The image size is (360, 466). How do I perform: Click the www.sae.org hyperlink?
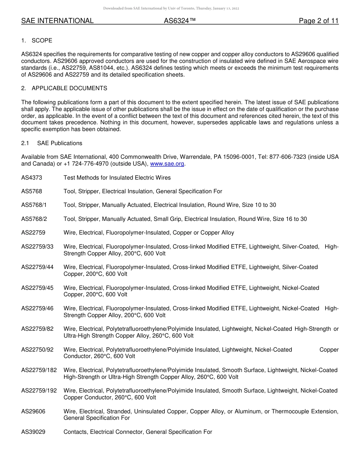click(x=167, y=164)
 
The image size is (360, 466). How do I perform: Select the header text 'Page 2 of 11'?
click(x=318, y=21)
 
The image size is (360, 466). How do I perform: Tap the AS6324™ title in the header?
click(x=180, y=21)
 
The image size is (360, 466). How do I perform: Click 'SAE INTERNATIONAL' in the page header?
click(x=57, y=21)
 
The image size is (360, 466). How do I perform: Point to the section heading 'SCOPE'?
click(x=42, y=41)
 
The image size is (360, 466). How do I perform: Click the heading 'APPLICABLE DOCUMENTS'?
click(x=69, y=88)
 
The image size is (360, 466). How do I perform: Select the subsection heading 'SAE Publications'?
click(x=59, y=143)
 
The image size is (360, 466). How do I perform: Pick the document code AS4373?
click(x=31, y=178)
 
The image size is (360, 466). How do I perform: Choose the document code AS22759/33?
click(x=37, y=247)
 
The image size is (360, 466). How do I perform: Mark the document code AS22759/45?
click(x=37, y=288)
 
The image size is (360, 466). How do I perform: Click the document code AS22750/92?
click(x=37, y=350)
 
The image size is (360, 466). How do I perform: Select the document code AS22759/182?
click(x=39, y=370)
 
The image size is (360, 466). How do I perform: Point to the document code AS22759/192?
click(x=39, y=391)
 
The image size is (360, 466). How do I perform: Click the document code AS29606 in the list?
click(x=33, y=411)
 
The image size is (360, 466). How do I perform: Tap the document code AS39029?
click(x=33, y=432)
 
